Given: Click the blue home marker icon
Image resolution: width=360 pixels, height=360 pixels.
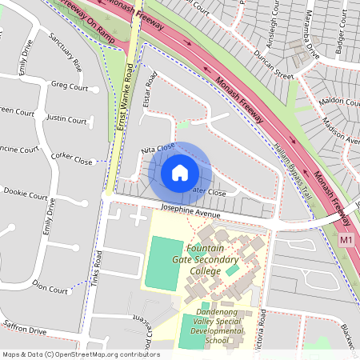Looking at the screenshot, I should pos(180,172).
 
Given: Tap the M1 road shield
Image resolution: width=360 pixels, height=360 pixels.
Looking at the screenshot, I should pos(346,239).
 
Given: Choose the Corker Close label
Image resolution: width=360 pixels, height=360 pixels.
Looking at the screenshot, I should pos(72,158).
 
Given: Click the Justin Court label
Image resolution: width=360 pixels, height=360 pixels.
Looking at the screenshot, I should pos(66,120).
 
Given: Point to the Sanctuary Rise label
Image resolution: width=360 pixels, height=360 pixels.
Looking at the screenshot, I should pos(65,52).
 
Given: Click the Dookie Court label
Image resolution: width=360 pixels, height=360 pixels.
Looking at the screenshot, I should pos(26,193).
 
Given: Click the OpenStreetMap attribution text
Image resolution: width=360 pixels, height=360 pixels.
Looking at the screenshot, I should pos(81,354).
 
